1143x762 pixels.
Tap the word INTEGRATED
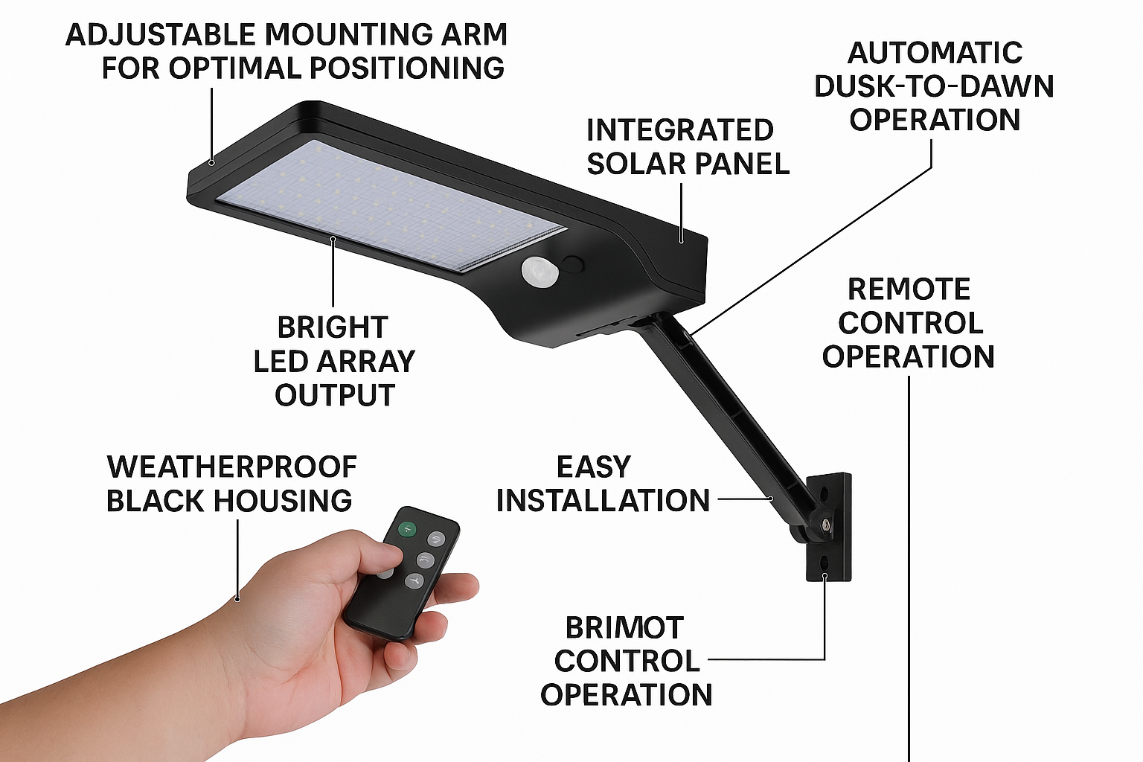[x=680, y=130]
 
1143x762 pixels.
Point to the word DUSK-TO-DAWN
[x=935, y=86]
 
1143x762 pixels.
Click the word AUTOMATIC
[x=935, y=53]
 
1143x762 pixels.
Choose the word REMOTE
[x=909, y=289]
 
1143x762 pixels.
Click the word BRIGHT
[x=333, y=327]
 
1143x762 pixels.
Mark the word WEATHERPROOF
[x=232, y=467]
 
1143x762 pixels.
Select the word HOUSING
[x=283, y=500]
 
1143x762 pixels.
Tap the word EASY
[x=593, y=467]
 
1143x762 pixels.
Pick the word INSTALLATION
[x=603, y=500]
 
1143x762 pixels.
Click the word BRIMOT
[x=624, y=628]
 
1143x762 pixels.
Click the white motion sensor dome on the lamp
[x=540, y=271]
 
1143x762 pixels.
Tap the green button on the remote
[x=407, y=529]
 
